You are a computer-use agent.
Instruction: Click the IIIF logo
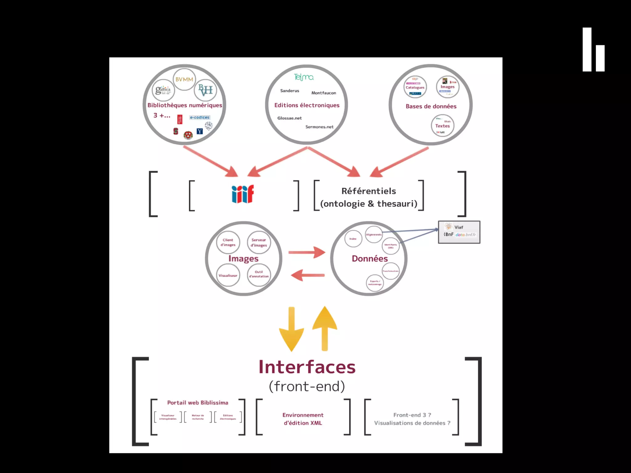click(x=243, y=194)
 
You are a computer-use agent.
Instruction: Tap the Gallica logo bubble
click(x=163, y=90)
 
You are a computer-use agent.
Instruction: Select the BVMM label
click(x=184, y=79)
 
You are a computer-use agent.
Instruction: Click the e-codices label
click(x=200, y=117)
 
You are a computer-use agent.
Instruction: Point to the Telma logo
click(x=304, y=77)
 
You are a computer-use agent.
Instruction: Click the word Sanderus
click(x=290, y=91)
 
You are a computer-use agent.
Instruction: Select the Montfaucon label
click(x=324, y=93)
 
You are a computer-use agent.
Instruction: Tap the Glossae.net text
click(x=289, y=118)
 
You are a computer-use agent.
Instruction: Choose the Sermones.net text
click(x=319, y=127)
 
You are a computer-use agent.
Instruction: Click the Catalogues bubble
click(x=415, y=87)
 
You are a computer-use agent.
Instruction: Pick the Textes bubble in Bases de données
click(x=442, y=126)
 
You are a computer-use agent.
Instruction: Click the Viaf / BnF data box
click(x=459, y=232)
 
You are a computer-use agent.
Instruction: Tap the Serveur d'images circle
click(x=259, y=242)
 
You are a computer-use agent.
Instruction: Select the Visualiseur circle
click(x=228, y=275)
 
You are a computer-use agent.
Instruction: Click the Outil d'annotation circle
click(x=259, y=274)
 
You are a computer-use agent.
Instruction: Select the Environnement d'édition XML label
click(x=303, y=419)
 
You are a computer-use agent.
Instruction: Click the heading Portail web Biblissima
click(x=198, y=402)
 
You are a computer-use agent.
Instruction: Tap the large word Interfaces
click(x=307, y=367)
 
